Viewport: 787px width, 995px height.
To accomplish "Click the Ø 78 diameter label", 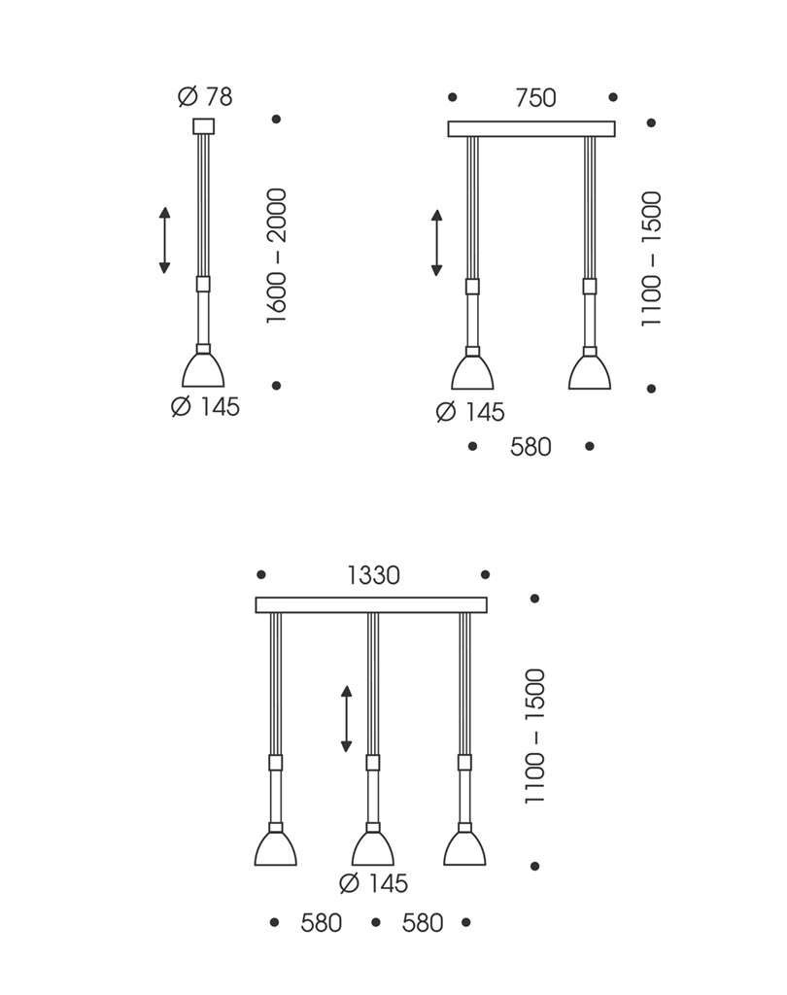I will pos(205,97).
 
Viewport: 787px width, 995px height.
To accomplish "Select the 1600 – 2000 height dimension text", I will pos(277,256).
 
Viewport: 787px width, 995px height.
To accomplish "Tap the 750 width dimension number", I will pos(535,98).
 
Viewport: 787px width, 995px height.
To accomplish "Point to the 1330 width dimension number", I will pos(373,575).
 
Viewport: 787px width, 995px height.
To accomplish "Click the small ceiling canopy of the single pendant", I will pos(203,125).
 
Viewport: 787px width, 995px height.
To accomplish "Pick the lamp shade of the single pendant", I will pos(203,370).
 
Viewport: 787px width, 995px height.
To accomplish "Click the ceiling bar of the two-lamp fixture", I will pos(531,128).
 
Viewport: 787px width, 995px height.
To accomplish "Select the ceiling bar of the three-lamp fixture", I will pos(371,604).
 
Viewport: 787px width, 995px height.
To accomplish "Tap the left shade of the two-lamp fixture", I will pos(472,373).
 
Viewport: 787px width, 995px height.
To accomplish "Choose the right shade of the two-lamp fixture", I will pos(590,373).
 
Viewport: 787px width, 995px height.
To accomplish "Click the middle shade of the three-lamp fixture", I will pos(372,848).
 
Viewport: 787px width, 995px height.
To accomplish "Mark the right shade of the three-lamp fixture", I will pos(464,848).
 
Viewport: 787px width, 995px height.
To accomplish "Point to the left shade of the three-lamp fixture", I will pos(276,848).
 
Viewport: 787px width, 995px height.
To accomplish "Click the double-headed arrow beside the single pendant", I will pos(164,240).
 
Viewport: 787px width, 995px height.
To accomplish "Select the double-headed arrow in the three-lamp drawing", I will pos(346,719).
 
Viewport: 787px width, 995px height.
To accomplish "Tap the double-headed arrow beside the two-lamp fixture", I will pos(437,243).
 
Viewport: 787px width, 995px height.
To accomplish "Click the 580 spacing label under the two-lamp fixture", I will pos(530,447).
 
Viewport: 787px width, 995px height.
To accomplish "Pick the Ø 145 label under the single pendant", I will pos(205,407).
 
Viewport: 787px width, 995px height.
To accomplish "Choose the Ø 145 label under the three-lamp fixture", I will pos(373,884).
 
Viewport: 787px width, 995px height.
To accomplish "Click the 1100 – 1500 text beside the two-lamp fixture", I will pos(651,258).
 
